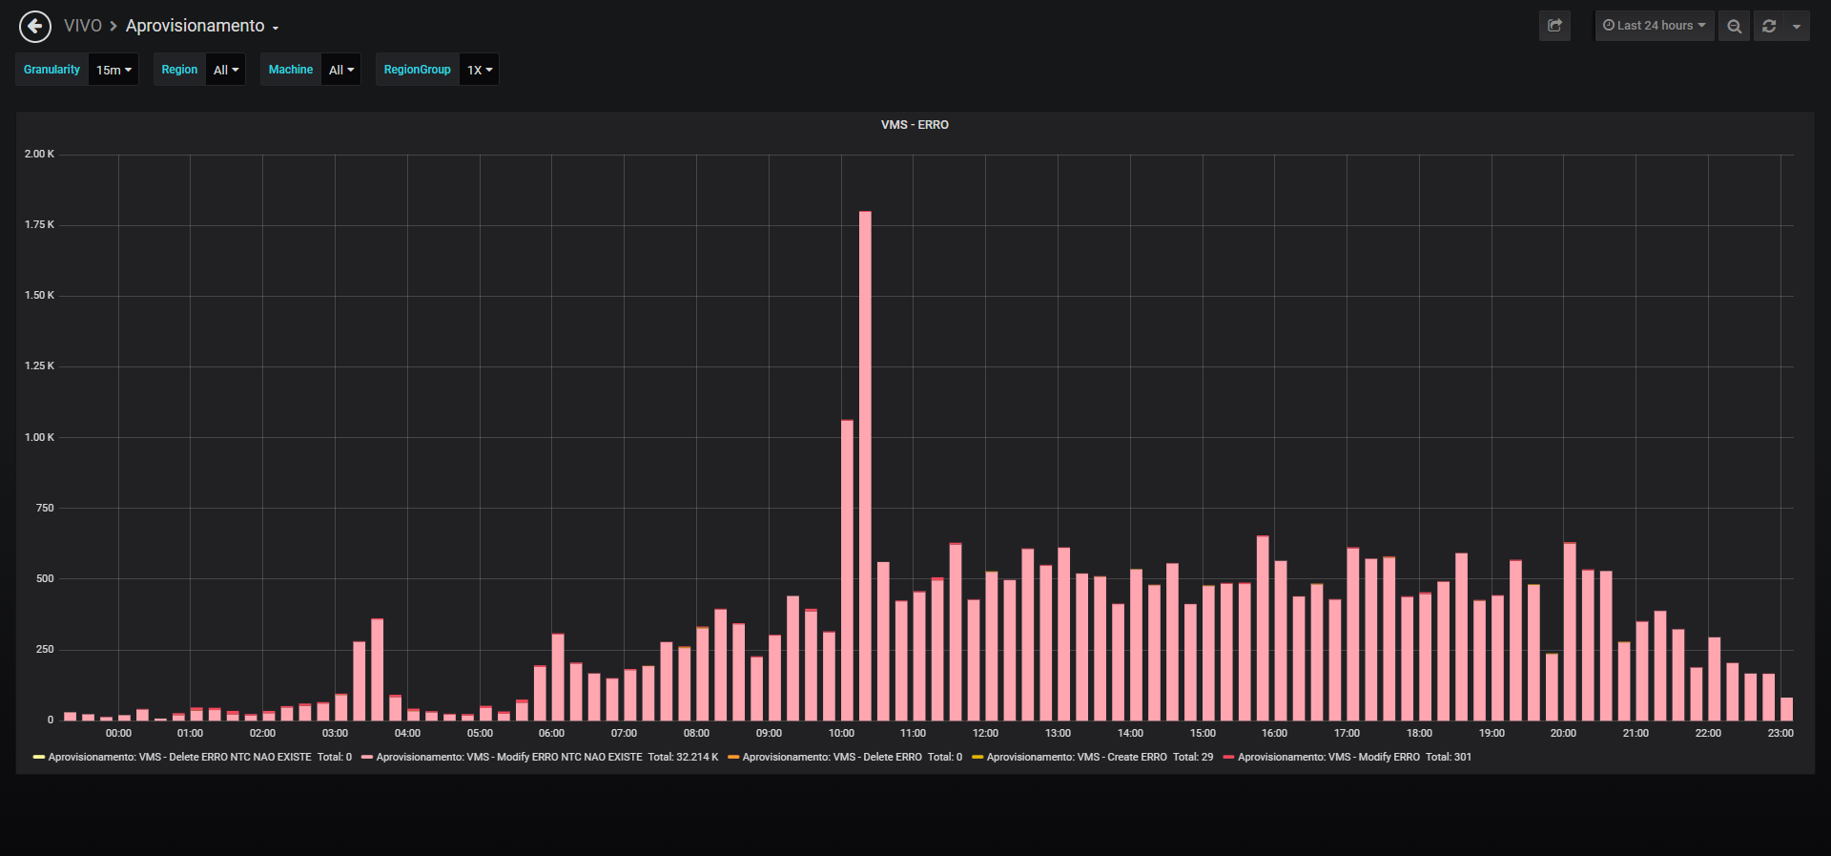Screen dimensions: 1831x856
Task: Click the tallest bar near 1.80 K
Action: tap(865, 466)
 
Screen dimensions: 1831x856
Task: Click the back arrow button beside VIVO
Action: tap(35, 26)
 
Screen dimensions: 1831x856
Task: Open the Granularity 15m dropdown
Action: tap(113, 70)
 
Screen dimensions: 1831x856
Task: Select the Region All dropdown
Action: tap(226, 70)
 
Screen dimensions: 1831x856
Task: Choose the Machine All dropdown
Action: tap(341, 70)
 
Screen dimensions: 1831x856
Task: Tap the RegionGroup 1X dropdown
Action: tap(480, 70)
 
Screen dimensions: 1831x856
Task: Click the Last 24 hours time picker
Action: tap(1655, 26)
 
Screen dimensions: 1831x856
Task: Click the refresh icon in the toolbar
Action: tap(1769, 26)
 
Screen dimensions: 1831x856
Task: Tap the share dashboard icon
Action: tap(1554, 26)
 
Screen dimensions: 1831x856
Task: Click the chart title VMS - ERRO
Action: tap(915, 125)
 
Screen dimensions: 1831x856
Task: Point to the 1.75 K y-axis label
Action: tap(39, 225)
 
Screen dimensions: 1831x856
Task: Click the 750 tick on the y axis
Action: tap(45, 508)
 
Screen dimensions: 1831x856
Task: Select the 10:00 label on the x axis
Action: tap(841, 733)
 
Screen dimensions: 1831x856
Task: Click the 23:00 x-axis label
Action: tap(1780, 733)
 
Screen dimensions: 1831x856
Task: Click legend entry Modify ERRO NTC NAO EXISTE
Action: tap(540, 757)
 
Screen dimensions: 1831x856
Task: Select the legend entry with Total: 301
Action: tap(1348, 757)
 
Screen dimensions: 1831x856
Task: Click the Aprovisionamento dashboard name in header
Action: tap(195, 26)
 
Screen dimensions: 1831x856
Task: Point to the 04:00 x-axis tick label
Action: tap(407, 733)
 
